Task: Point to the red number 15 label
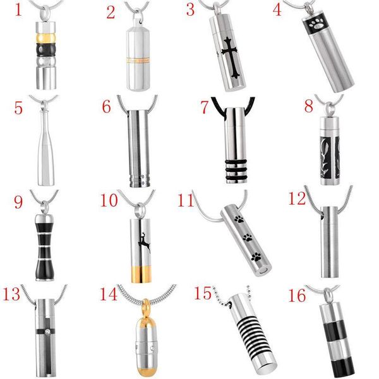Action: pos(204,295)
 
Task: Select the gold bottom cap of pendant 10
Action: pos(143,273)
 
